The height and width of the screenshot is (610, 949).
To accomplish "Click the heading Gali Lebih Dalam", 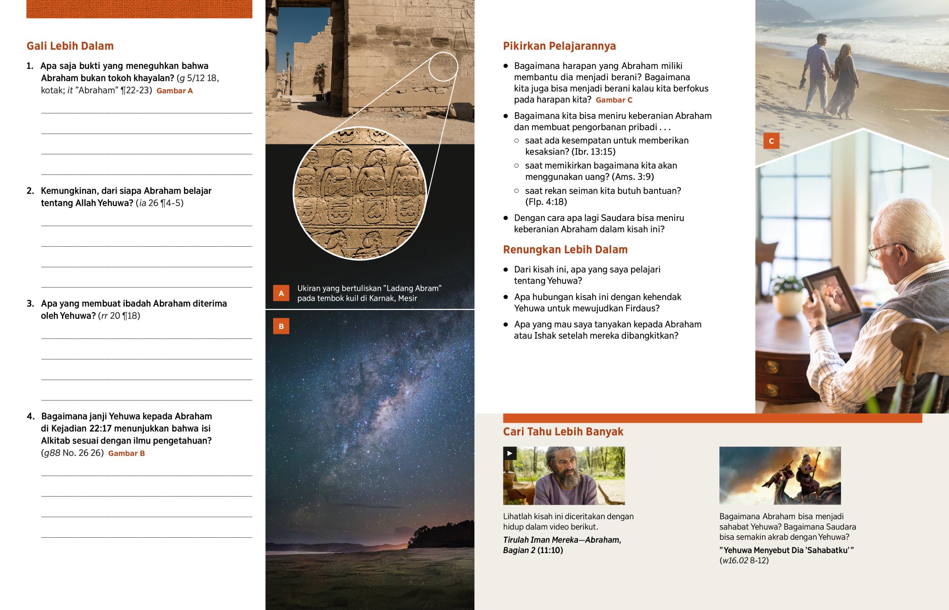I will (x=70, y=46).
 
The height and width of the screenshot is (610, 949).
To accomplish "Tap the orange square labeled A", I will (x=281, y=293).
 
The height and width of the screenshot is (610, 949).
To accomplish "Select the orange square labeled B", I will (x=281, y=327).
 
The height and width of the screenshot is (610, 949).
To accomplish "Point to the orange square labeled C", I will (x=771, y=141).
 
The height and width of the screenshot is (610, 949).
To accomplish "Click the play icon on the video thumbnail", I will (x=510, y=453).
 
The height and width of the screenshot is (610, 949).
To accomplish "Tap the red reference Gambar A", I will (x=175, y=91).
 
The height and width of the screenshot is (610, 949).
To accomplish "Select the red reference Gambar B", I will (x=127, y=453).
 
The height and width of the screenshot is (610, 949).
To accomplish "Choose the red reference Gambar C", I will (x=614, y=100).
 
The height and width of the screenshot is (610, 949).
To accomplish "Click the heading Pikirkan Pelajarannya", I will (x=559, y=46).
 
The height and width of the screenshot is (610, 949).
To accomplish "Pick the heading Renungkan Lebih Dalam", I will (x=565, y=249).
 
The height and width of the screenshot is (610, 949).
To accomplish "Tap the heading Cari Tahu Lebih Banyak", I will (x=563, y=431).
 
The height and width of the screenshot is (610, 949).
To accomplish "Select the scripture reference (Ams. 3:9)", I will (x=633, y=177).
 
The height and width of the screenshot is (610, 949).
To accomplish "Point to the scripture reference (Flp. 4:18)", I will (x=546, y=202).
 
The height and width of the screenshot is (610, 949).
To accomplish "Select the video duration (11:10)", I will (x=550, y=550).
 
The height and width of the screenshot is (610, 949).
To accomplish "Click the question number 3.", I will (x=30, y=304).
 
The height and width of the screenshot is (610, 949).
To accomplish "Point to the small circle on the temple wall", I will (x=443, y=66).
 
